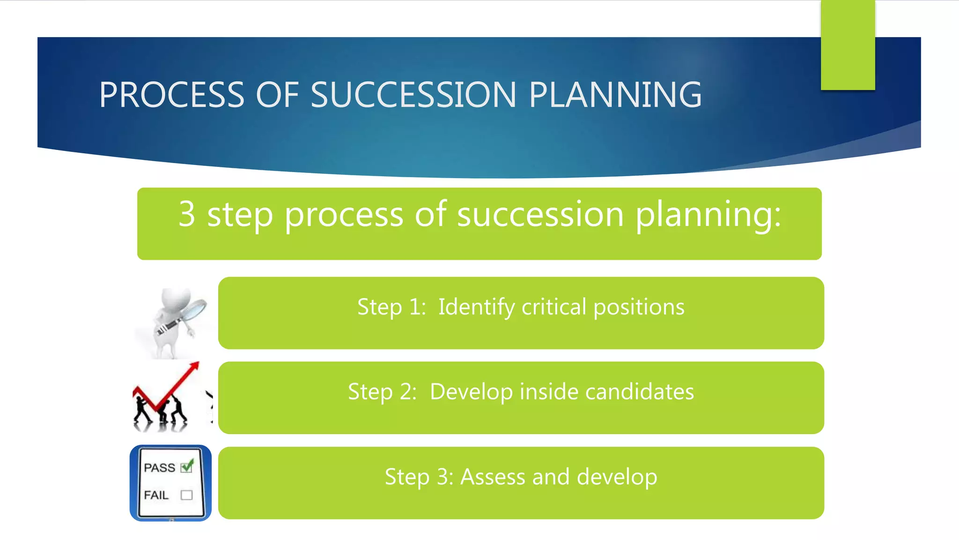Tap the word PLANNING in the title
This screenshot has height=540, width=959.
(x=615, y=95)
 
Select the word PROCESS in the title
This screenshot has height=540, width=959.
(x=171, y=95)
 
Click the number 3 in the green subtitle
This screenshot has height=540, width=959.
(x=187, y=214)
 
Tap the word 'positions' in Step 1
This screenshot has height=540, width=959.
(x=639, y=307)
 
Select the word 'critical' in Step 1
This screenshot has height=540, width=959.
(x=553, y=307)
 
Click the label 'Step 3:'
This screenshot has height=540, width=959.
(x=419, y=477)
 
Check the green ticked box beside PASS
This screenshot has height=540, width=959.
(x=187, y=467)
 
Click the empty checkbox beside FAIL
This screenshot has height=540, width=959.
(x=187, y=495)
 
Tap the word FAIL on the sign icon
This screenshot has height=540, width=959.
(x=156, y=495)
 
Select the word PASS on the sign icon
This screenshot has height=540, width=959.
(x=159, y=468)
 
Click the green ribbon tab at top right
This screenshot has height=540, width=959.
(x=848, y=45)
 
